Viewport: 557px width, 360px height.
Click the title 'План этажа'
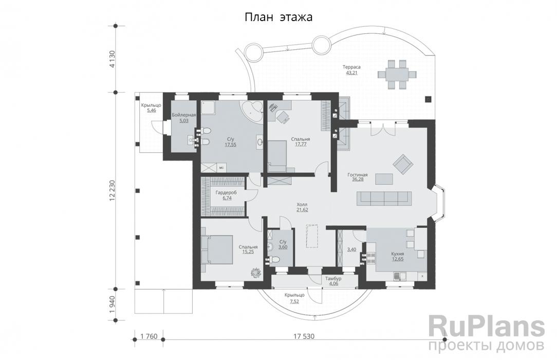(x=278, y=17)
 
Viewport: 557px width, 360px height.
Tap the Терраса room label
(x=351, y=67)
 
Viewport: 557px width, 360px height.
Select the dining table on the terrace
(x=397, y=75)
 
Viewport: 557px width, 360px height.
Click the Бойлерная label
(x=184, y=115)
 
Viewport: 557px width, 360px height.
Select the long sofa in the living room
(x=384, y=199)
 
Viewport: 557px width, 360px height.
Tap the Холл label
(x=302, y=205)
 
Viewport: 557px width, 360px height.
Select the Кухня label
(x=397, y=254)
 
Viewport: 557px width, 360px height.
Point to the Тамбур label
(x=333, y=279)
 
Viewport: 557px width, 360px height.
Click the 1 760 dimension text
(x=149, y=336)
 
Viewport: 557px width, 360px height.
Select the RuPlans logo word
(x=487, y=327)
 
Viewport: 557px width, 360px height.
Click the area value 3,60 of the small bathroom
(x=283, y=247)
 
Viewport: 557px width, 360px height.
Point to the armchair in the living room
(x=403, y=164)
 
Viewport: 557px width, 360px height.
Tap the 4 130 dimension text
(x=112, y=59)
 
